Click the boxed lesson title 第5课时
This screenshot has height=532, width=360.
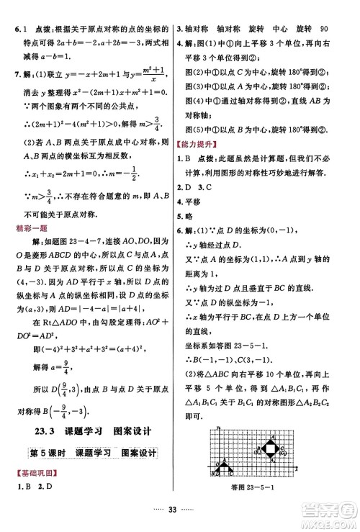[43, 452]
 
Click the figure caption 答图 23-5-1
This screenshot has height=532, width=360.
[253, 490]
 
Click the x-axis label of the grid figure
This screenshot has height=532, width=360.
[295, 469]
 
